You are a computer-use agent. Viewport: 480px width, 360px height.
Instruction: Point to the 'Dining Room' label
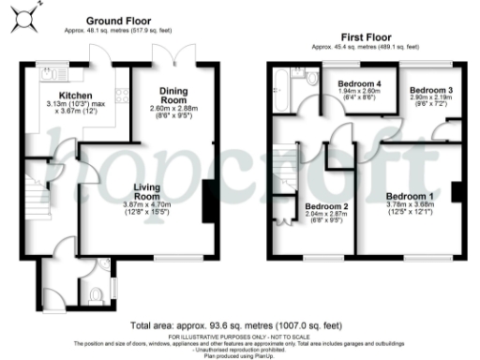[x=174, y=94]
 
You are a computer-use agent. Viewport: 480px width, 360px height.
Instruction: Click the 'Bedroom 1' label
[x=410, y=196]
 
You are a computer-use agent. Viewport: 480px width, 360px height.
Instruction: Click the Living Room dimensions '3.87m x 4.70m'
[x=144, y=205]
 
